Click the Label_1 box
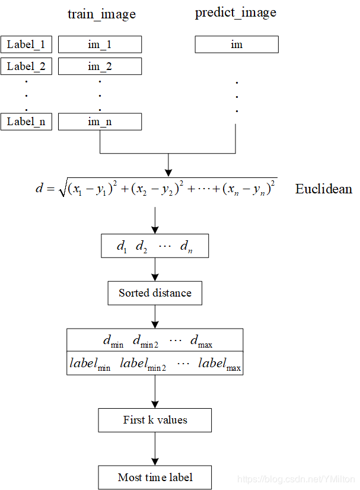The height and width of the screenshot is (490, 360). (26, 44)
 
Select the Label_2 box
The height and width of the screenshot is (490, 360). (26, 66)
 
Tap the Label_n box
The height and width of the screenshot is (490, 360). (26, 122)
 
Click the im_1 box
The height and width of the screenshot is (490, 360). (100, 44)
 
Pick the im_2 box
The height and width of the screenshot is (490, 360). (100, 66)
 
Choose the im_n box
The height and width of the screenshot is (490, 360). (100, 122)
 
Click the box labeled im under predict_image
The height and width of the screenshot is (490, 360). (237, 44)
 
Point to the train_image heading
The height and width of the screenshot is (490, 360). (101, 14)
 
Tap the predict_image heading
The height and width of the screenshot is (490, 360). (235, 13)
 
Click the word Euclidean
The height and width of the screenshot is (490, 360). (323, 189)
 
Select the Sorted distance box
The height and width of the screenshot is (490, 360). (155, 293)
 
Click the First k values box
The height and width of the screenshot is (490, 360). (155, 420)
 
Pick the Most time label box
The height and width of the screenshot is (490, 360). (155, 477)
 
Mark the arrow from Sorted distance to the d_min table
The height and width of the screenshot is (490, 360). (155, 316)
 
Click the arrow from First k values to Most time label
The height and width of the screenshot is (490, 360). (155, 448)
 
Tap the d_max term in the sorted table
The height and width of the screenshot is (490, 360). (201, 341)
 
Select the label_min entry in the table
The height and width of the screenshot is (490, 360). (90, 364)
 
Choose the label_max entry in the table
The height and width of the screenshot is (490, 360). (219, 364)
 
